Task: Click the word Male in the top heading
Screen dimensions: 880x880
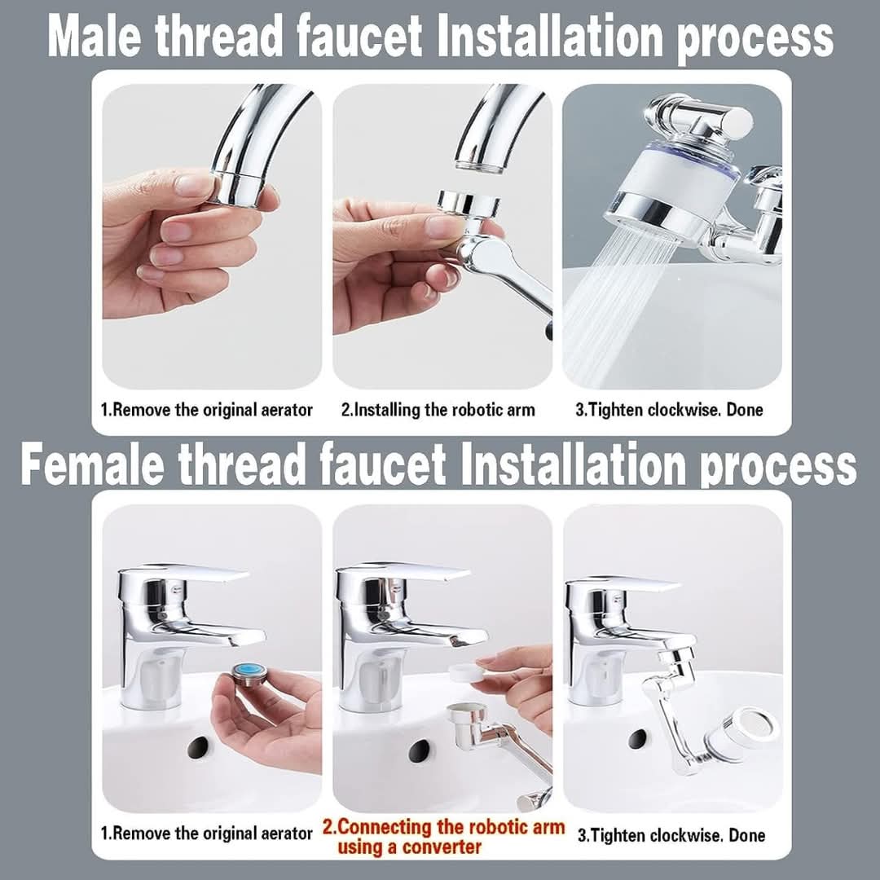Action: [95, 35]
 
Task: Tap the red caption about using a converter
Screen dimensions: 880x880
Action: [443, 837]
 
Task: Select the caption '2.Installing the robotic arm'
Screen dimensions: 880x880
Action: [438, 410]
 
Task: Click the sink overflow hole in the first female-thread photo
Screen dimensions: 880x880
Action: [197, 748]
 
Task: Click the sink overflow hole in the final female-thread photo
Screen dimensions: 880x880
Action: [638, 738]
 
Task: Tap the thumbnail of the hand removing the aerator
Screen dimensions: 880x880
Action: [212, 236]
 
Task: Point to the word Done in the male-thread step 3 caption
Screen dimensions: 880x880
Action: [744, 410]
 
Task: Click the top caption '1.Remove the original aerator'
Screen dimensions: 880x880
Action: [206, 410]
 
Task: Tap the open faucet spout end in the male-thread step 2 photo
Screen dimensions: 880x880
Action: [478, 165]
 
